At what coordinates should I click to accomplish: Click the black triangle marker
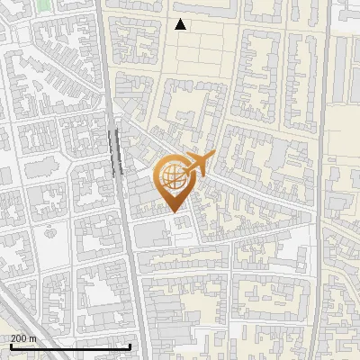point(181,24)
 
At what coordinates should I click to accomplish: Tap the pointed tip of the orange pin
point(175,211)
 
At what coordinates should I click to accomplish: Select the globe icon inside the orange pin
point(175,176)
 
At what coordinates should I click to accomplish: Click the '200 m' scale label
point(23,338)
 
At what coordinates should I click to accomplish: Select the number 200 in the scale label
point(19,338)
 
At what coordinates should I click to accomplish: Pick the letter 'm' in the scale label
point(33,338)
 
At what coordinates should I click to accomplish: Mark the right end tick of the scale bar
point(130,346)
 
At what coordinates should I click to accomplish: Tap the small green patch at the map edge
point(43,4)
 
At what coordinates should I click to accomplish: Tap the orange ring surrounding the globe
point(159,176)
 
